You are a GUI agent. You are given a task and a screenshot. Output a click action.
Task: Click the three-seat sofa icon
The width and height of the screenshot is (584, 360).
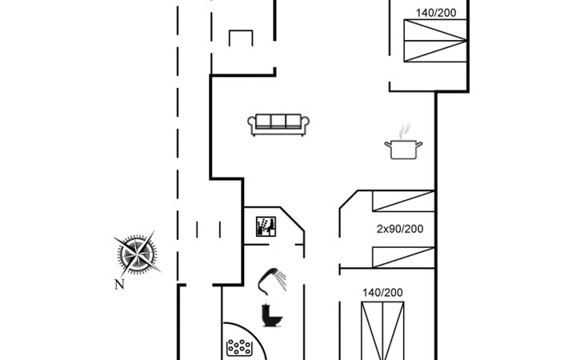click(278, 125)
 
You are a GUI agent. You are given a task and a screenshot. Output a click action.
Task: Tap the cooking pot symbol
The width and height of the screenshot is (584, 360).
click(403, 150)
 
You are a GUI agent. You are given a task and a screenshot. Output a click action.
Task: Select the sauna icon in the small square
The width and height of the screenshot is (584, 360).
click(266, 226)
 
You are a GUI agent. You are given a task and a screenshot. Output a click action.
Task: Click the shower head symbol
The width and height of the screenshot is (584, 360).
click(272, 281)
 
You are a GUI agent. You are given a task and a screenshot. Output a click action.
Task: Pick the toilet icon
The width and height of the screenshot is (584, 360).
click(271, 315)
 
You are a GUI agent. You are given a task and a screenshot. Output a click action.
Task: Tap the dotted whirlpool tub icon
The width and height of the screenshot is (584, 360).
click(239, 347)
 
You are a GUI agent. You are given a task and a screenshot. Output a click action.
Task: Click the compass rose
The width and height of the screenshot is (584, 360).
click(137, 254)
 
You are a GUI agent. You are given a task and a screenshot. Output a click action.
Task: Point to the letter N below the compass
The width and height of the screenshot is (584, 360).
click(119, 285)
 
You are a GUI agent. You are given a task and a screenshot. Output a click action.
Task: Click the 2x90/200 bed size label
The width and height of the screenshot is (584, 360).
click(400, 229)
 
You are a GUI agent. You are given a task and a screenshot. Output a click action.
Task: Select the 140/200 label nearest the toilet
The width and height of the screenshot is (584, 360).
click(382, 293)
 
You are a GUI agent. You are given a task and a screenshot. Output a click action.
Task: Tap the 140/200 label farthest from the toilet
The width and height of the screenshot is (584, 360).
click(436, 13)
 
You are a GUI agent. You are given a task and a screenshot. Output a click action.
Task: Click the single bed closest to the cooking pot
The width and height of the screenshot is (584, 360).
click(403, 201)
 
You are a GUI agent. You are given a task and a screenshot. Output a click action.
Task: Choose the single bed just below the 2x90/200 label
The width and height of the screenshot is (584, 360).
click(403, 258)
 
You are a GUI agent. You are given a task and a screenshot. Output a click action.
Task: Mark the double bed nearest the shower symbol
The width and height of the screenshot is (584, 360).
click(382, 331)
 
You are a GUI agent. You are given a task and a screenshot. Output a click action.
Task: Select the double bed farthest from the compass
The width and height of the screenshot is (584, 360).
click(435, 41)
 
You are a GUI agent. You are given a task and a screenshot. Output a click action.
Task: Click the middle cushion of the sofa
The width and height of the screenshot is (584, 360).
click(278, 121)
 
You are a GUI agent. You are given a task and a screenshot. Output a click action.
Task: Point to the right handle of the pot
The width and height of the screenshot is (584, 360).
click(419, 145)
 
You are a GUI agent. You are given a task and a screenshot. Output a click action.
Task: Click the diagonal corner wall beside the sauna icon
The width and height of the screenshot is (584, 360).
click(292, 219)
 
